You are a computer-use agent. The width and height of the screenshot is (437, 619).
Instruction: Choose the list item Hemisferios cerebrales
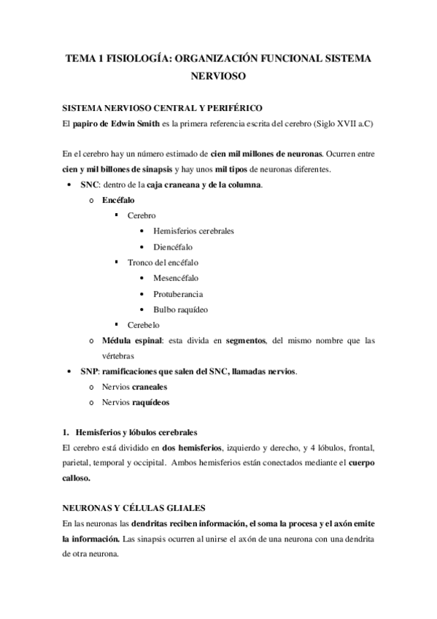coord(193,231)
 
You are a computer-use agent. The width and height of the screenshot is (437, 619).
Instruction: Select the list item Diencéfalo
coord(173,247)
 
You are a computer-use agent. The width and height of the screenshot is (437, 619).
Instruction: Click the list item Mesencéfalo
coord(175,277)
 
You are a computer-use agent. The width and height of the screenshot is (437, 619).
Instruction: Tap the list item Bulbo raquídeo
coord(180,309)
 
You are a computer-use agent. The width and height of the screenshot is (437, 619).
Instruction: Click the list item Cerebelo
coord(143,325)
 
